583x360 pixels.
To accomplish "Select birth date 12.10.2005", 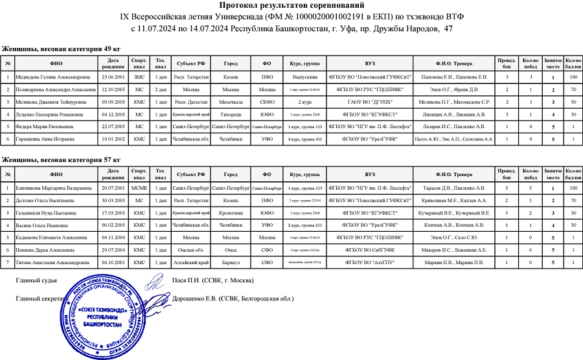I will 113,90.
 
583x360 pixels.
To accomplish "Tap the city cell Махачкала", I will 231,102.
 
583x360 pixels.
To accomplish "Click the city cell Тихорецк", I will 231,115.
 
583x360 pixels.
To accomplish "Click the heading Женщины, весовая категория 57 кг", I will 62,159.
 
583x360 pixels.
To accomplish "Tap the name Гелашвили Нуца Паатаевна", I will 45,213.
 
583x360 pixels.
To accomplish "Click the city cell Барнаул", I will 231,262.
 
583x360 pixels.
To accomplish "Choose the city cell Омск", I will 231,250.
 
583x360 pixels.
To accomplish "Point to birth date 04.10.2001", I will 113,262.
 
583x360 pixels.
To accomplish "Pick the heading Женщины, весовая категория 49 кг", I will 62,49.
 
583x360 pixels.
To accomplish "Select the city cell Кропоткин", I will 231,213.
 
